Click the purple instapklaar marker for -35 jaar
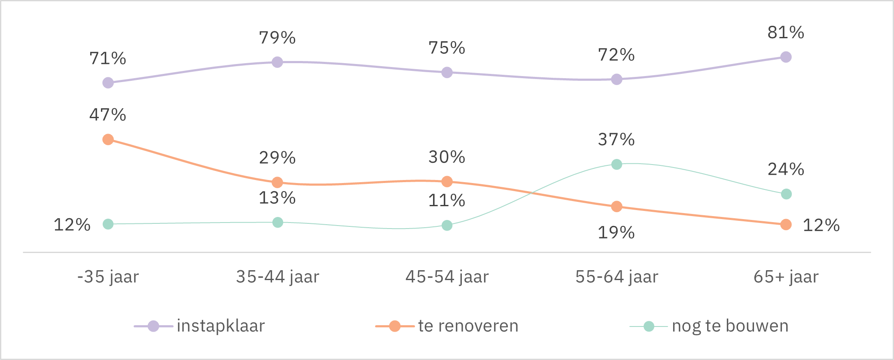coord(108,82)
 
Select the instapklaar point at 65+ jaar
coord(786,57)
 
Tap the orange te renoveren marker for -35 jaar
coord(108,140)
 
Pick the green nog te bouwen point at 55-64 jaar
coord(616,165)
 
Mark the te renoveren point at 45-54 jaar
coord(447,182)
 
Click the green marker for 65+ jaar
coord(786,194)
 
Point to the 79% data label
coord(277,38)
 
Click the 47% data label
coord(107,115)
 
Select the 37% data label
coord(616,140)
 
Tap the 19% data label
coord(616,232)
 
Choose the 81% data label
coord(786,33)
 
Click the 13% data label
coord(277,198)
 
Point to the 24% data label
coord(786,169)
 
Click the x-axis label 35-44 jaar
coord(278,277)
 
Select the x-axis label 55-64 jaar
coord(616,277)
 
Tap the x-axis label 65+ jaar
coord(786,277)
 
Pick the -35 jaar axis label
coord(108,277)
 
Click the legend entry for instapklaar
coord(220,326)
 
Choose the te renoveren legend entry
coord(468,326)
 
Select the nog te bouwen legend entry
coord(730,326)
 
